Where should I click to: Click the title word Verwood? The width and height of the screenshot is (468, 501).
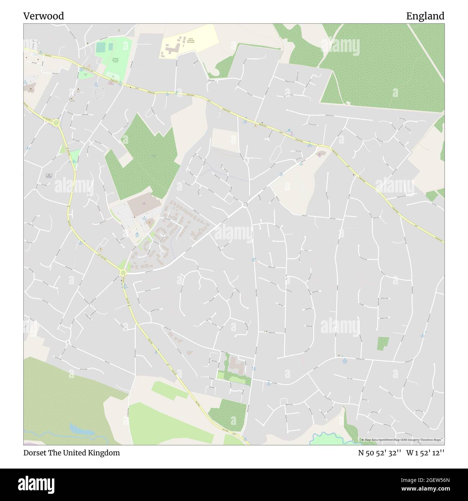coord(44,16)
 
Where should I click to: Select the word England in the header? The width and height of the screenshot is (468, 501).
coord(425,16)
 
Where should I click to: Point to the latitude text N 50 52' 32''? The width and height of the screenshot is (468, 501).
coord(379,453)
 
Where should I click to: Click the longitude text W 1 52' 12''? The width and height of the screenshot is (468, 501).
coord(426,453)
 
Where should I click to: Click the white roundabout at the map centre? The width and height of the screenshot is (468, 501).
coord(245,205)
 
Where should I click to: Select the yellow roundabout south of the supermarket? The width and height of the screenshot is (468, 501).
coord(123,272)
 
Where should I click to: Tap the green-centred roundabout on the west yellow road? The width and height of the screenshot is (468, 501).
coord(56,123)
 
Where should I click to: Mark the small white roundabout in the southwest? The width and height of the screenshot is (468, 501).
coord(68,342)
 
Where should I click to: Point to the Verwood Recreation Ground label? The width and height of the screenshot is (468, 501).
coord(116,60)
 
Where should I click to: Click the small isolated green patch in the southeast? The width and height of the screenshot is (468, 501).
coord(383,343)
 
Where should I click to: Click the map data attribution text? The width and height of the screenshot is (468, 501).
coord(402,440)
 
